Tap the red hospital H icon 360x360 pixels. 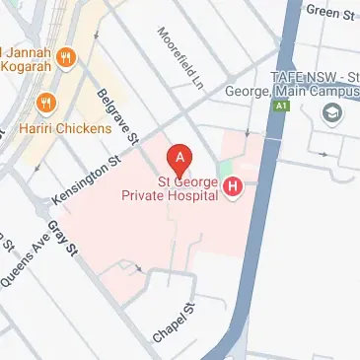pos(234,186)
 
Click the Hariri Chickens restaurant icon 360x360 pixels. pos(45,102)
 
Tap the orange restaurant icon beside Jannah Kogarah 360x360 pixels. pos(67,56)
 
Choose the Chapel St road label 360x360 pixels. pos(171,324)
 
